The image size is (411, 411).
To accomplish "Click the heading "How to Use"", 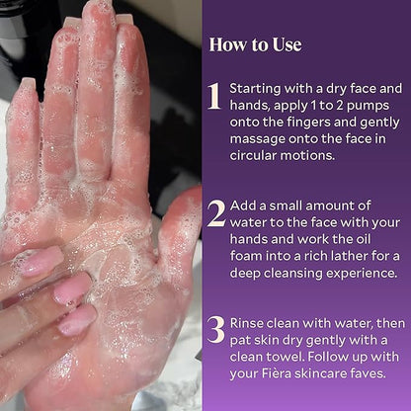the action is [255, 44].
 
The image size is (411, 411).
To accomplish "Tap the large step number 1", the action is [214, 96].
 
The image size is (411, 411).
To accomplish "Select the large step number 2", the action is [216, 213].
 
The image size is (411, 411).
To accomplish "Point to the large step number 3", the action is [216, 330].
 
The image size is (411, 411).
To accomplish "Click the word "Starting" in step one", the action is [255, 90].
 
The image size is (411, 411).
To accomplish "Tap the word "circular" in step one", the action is [254, 155].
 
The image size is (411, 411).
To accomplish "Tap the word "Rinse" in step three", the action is [246, 323].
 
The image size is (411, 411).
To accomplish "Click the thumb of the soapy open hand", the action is [180, 230].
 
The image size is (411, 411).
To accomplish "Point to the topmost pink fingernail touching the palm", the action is [42, 261].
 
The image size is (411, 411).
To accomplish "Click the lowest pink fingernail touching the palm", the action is [78, 319].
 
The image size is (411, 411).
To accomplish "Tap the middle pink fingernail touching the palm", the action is [72, 288].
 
